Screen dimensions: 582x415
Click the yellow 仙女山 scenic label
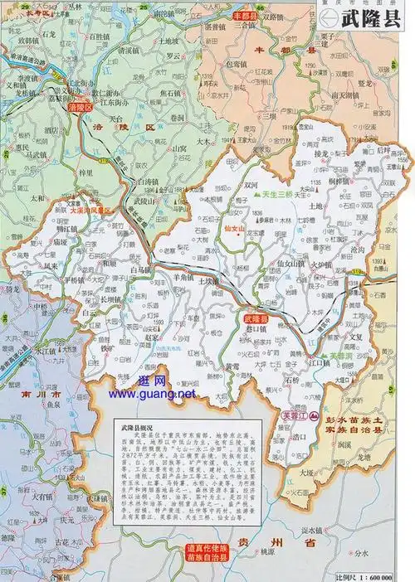click(x=237, y=226)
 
